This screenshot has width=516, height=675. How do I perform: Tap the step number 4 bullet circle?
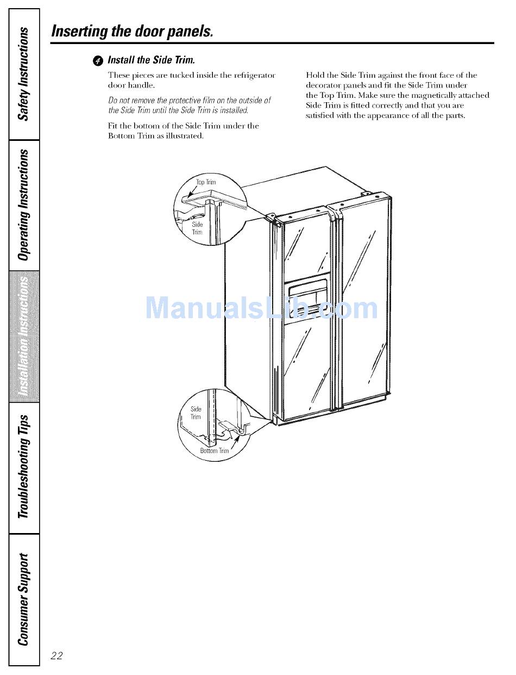click(x=98, y=60)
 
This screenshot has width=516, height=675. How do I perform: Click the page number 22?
click(x=56, y=655)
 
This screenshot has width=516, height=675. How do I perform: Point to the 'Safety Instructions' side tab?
click(x=23, y=74)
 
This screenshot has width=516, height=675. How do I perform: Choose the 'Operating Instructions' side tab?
click(x=23, y=205)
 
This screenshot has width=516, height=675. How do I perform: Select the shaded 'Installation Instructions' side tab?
click(x=23, y=337)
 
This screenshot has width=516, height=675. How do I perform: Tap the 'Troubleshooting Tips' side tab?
click(x=23, y=467)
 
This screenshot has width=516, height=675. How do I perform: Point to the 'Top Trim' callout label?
click(x=206, y=182)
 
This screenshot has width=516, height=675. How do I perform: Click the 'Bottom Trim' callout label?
click(x=215, y=450)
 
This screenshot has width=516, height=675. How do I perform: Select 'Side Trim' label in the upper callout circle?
click(x=197, y=228)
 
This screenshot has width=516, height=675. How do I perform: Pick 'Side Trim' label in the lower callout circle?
click(x=196, y=413)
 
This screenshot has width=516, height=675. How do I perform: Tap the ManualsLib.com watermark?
click(x=262, y=309)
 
